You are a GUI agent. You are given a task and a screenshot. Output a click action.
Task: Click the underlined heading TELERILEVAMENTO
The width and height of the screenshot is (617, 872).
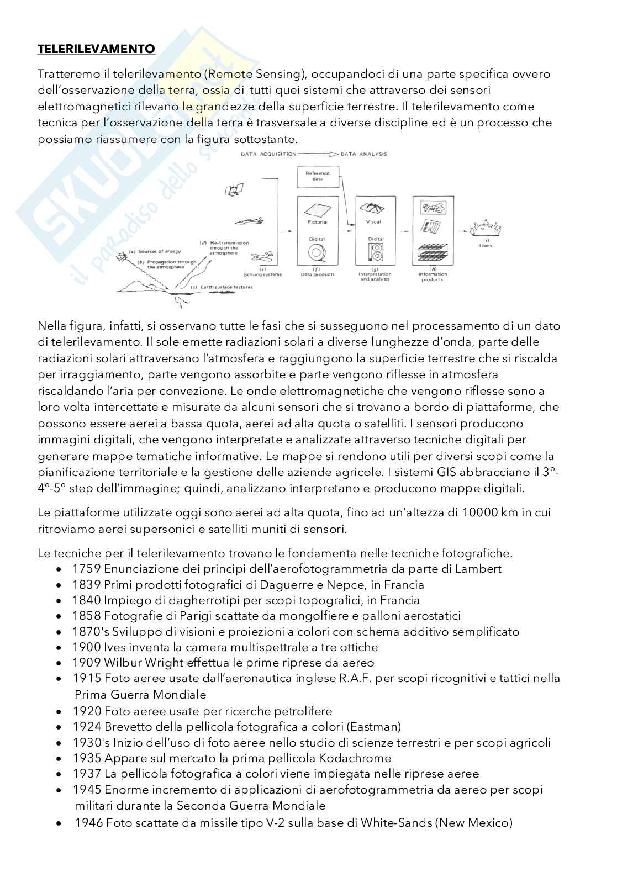tap(96, 49)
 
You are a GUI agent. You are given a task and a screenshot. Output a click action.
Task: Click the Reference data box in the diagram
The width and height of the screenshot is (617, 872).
tap(317, 177)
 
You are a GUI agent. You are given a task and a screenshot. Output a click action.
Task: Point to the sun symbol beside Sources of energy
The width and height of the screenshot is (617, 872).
tap(120, 257)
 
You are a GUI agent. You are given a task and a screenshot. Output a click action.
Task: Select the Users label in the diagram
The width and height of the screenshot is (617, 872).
tap(486, 245)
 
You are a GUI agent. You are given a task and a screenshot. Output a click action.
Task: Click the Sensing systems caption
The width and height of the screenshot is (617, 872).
tap(262, 274)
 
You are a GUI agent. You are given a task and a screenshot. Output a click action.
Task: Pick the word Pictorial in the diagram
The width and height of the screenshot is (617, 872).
tap(317, 222)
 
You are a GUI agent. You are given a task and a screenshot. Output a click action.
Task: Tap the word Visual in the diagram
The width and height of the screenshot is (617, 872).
tap(373, 222)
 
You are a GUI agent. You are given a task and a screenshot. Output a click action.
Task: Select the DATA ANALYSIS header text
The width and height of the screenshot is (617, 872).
tap(364, 154)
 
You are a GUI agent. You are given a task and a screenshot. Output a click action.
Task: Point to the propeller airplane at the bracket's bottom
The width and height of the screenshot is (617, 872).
tap(262, 257)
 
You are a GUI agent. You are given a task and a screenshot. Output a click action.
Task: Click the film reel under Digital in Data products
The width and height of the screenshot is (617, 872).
tap(317, 253)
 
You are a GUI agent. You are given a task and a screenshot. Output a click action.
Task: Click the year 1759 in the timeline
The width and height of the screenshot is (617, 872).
tap(86, 569)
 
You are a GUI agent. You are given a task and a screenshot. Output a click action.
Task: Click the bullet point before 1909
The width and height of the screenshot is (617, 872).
tap(60, 663)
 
